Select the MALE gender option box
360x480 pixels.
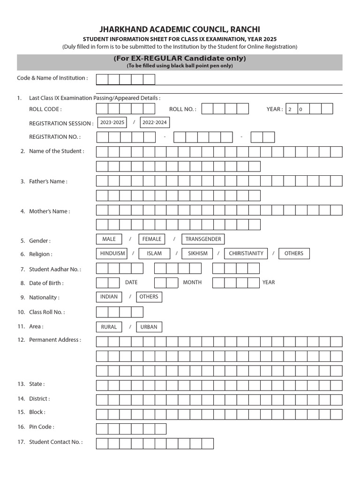click(109, 239)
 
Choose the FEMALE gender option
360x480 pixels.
click(151, 239)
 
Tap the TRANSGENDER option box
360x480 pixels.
click(203, 239)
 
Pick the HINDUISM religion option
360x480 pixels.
click(112, 254)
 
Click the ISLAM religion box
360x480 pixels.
click(154, 254)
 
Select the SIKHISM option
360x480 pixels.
click(197, 254)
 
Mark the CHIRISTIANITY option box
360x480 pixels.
click(246, 254)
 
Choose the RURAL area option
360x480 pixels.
click(109, 327)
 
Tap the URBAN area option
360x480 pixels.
click(149, 327)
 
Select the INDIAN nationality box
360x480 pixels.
click(109, 297)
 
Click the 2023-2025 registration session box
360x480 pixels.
click(112, 122)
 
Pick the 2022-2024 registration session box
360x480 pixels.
click(154, 122)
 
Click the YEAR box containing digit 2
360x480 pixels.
click(291, 109)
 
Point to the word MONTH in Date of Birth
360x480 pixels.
click(192, 283)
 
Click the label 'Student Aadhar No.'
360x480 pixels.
click(55, 270)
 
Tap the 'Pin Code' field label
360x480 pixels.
click(41, 427)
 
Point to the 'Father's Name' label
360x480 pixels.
click(48, 181)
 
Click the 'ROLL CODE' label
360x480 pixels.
click(45, 109)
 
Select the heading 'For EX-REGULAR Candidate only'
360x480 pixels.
click(180, 59)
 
